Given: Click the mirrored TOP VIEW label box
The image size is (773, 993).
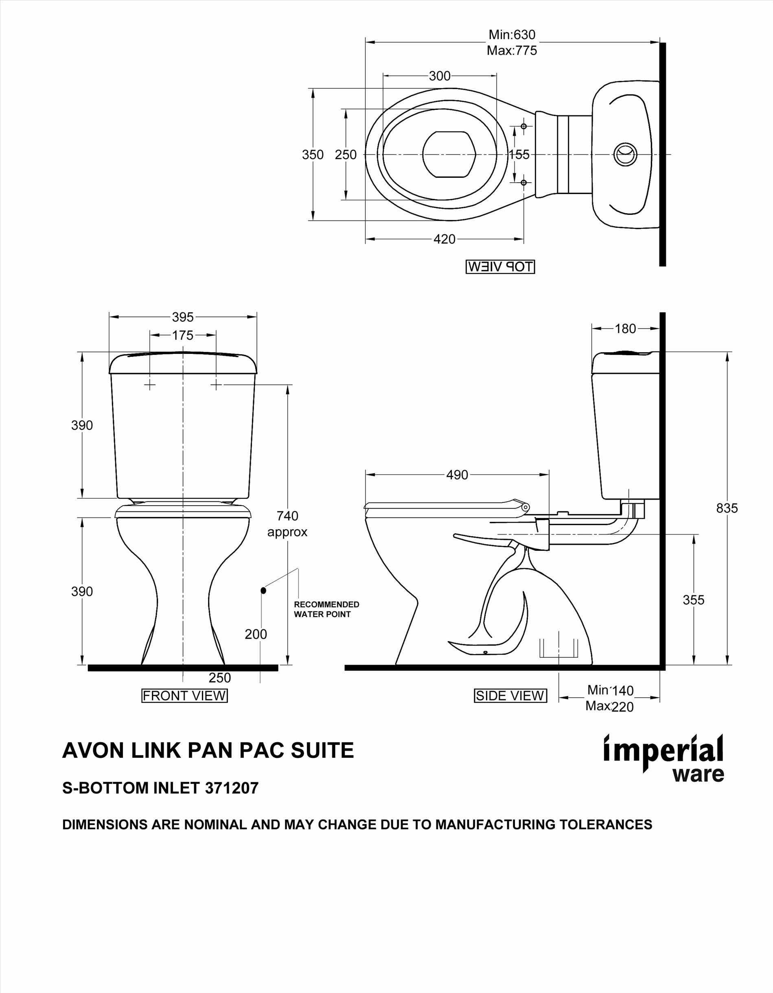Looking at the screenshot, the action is coord(500,267).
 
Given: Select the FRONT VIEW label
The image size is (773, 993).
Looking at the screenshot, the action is coord(185,696).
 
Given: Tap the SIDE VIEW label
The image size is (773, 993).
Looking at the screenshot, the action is coord(510,696).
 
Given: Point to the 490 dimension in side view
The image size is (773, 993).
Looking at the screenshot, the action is coord(457,475).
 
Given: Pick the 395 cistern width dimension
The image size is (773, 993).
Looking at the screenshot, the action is coord(183,316).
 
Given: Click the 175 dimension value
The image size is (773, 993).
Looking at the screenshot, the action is coord(183,336).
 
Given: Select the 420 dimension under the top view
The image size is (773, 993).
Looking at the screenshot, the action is coord(445,239).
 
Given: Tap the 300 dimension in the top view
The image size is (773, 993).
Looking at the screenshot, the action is coord(440,76).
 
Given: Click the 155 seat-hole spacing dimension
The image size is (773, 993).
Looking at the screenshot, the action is coord(519,155).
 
